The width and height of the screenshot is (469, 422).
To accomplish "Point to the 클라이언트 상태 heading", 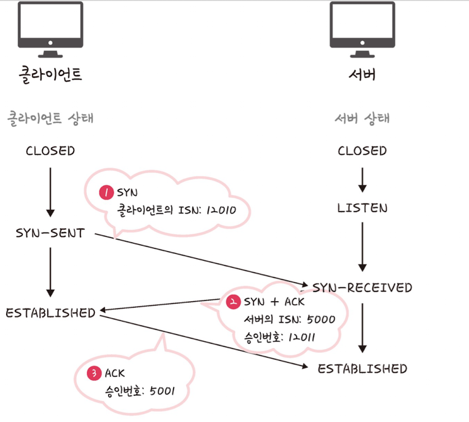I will click(x=50, y=118).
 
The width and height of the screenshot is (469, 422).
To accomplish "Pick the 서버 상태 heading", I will click(x=362, y=118).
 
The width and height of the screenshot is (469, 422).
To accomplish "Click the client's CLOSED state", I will click(x=50, y=151).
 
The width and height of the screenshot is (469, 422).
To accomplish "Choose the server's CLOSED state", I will click(x=362, y=151).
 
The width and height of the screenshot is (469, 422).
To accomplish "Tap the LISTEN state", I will click(x=362, y=208).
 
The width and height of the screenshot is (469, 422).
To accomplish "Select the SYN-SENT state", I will click(x=50, y=233).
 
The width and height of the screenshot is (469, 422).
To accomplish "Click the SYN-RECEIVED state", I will click(x=362, y=287).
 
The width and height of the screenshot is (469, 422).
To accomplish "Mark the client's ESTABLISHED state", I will click(x=51, y=313).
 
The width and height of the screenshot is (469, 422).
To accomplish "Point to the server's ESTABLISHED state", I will click(x=362, y=368).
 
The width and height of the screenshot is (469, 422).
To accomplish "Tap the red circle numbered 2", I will click(x=233, y=301).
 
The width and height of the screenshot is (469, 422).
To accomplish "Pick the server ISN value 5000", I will click(x=321, y=319).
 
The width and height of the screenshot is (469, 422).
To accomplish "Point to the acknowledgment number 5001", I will click(x=162, y=391).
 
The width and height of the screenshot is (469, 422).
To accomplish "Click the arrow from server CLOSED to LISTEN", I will click(x=362, y=180).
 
